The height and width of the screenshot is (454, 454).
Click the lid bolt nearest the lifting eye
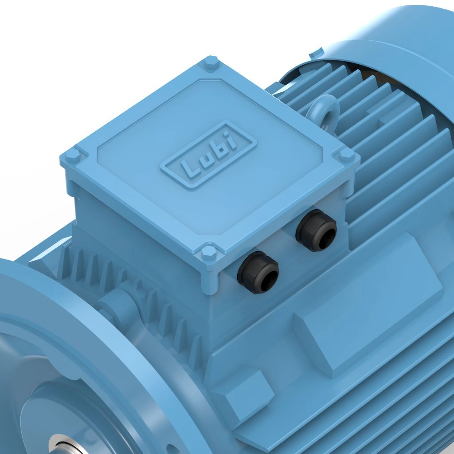coord(347,155)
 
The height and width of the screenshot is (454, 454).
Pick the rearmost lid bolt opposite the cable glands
coord(211,64)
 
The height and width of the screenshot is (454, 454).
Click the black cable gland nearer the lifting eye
coord(317,230)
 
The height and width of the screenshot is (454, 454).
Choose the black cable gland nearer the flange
coord(258,272)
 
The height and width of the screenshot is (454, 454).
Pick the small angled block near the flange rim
coord(242,390)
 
